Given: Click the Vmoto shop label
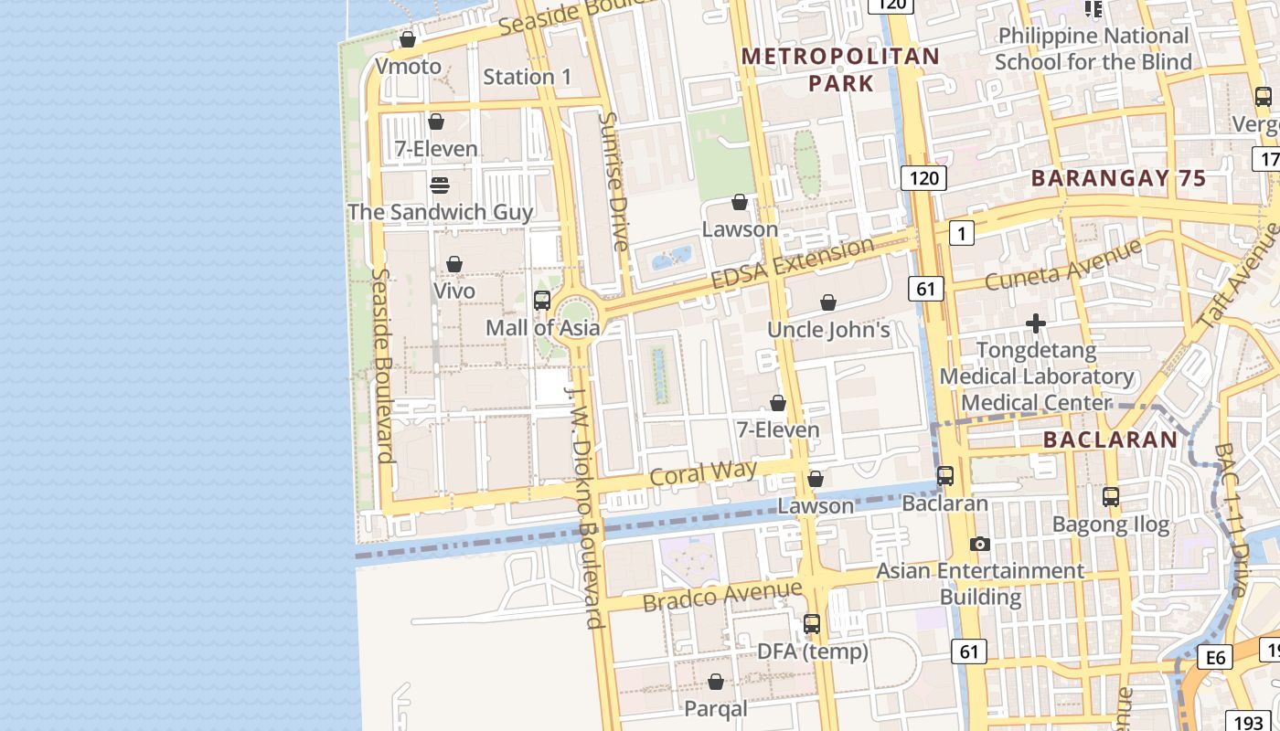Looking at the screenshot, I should [x=408, y=67].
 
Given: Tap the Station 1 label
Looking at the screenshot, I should [x=527, y=77].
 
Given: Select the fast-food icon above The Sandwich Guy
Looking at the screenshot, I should [x=439, y=185].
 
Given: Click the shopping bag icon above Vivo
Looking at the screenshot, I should [x=453, y=264].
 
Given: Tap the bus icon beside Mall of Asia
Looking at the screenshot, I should [x=541, y=300].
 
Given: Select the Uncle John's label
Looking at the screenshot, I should [x=828, y=330].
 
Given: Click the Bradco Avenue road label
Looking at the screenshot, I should [x=721, y=596].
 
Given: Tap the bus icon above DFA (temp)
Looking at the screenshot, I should [x=811, y=624].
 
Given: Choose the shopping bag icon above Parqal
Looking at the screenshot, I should [x=716, y=682].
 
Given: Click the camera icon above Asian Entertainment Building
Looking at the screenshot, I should [x=979, y=544].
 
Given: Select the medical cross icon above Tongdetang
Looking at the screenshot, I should [x=1035, y=323].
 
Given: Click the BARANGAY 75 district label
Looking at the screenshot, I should [x=1119, y=179].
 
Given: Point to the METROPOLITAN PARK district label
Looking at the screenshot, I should [x=839, y=69].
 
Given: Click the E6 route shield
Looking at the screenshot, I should [x=1215, y=657].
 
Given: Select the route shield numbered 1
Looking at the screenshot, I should [x=961, y=234].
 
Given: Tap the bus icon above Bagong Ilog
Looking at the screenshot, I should [x=1110, y=497].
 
